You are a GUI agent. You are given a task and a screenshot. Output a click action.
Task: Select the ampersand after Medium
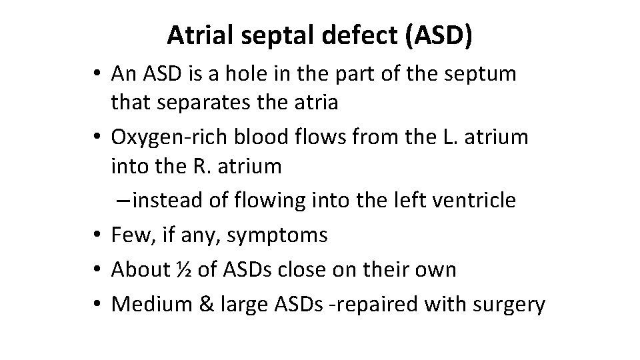199,304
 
